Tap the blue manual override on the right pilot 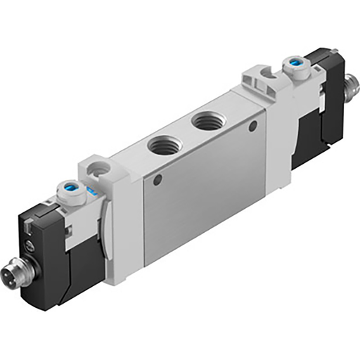[292, 65]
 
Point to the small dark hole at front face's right [252, 127]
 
